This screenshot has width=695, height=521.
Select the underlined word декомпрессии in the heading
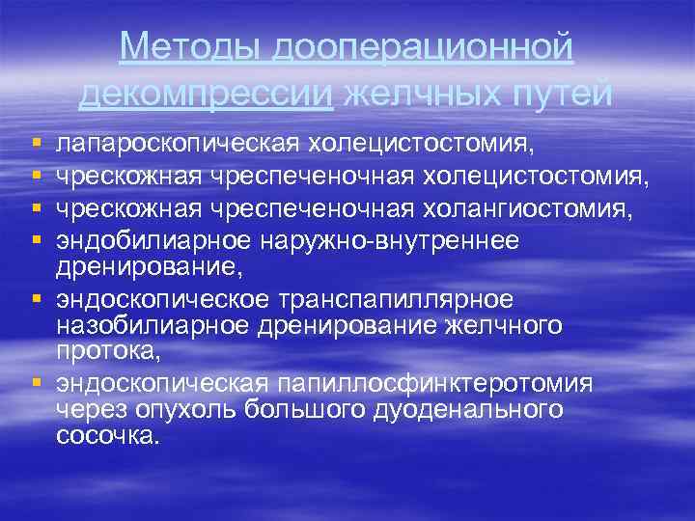tap(207, 93)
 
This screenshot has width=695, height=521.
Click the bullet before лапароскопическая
tap(37, 146)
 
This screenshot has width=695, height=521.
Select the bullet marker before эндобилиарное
tap(37, 240)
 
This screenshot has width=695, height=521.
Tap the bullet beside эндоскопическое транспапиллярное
tap(37, 301)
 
